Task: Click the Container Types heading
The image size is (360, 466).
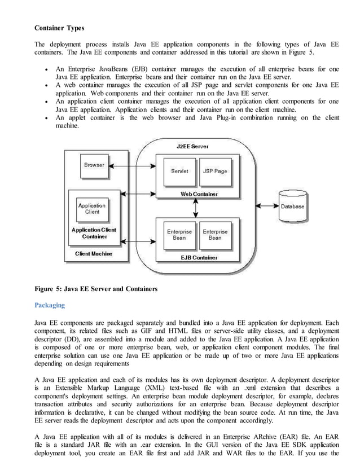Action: click(x=59, y=28)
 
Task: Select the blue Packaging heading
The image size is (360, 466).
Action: click(x=50, y=305)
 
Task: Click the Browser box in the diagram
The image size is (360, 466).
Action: click(x=94, y=165)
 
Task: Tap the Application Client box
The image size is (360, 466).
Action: click(x=92, y=209)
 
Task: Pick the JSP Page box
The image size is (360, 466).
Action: click(x=214, y=171)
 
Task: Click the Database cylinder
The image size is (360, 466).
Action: click(x=292, y=206)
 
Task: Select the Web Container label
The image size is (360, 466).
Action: click(x=199, y=194)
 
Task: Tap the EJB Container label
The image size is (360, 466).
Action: click(x=198, y=258)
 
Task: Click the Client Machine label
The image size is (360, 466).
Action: click(x=94, y=254)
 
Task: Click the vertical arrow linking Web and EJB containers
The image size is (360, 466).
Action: click(x=195, y=208)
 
